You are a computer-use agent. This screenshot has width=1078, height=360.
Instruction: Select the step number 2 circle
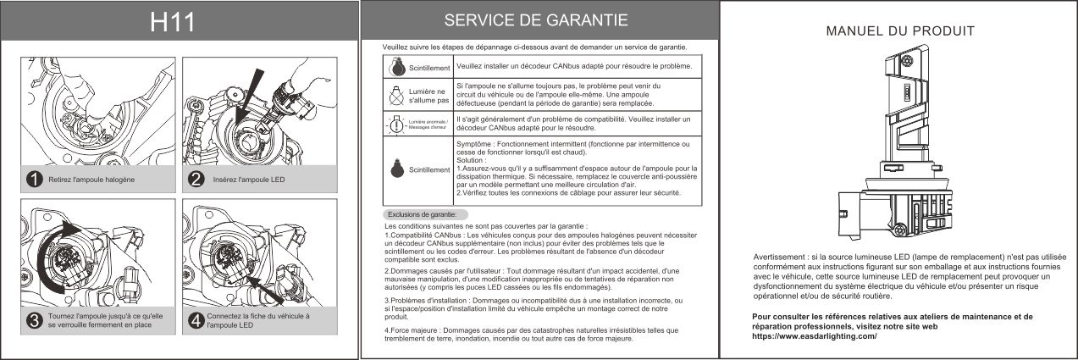pos(196,180)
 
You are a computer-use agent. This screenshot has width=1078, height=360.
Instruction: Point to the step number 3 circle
pos(34,320)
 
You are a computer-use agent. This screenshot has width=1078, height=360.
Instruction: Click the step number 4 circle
pos(196,320)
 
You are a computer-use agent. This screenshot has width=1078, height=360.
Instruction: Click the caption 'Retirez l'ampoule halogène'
pos(91,180)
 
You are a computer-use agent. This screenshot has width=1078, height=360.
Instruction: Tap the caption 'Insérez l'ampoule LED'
pos(249,180)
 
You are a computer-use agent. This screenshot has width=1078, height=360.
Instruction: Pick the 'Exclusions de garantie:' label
pos(422,214)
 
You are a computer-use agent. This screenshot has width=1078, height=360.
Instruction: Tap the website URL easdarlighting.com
pos(814,336)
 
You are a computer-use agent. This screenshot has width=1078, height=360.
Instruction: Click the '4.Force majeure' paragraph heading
pos(412,330)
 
